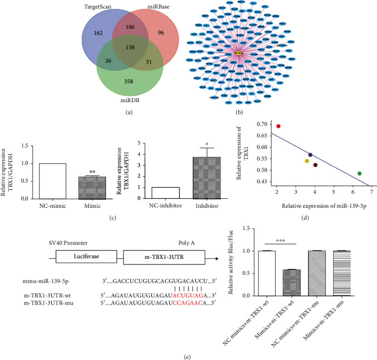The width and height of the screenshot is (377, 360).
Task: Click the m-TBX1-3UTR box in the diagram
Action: tap(161, 256)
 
